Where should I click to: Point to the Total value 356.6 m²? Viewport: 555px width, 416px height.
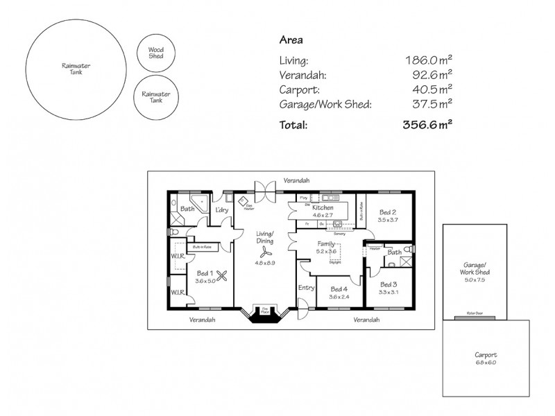tap(428, 125)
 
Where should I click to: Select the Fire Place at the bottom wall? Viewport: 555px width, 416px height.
tap(265, 311)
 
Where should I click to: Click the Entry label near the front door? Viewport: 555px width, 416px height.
tap(306, 287)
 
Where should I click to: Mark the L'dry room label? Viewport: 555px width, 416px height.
tap(222, 209)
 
